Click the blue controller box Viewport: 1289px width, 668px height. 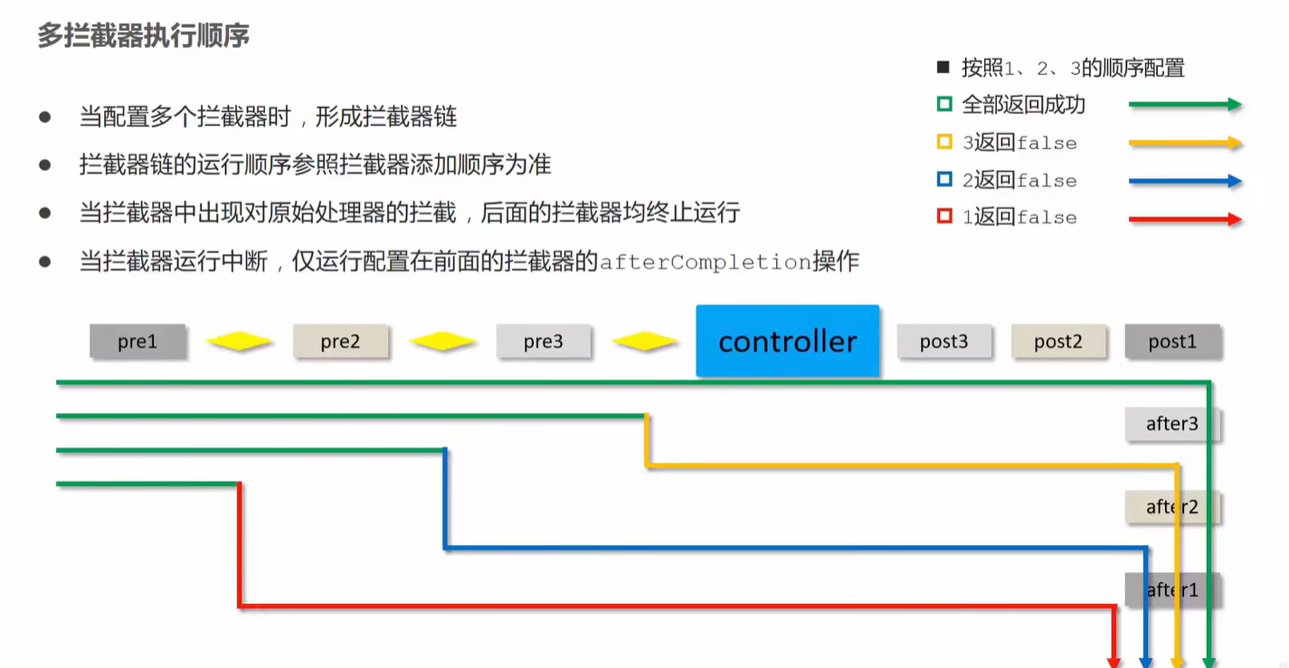787,341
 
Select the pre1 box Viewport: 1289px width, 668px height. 137,342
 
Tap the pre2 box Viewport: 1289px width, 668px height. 340,342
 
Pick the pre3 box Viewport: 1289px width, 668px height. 543,342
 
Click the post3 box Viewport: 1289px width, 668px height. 943,342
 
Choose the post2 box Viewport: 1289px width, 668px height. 1057,342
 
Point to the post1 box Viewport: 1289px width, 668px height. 1172,342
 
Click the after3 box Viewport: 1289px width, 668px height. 1171,424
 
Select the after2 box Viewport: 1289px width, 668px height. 1171,507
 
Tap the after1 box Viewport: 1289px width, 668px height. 1171,590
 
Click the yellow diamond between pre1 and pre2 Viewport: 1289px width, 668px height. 239,343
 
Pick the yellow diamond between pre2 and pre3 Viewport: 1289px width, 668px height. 442,343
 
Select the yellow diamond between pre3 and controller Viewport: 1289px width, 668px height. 645,343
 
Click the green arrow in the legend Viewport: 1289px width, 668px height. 1185,105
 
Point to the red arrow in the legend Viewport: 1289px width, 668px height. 1185,219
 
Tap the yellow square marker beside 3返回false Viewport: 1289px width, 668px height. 944,143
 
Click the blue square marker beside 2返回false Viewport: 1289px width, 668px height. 944,180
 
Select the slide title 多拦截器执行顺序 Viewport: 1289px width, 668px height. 143,36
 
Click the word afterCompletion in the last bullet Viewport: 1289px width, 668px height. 706,263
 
